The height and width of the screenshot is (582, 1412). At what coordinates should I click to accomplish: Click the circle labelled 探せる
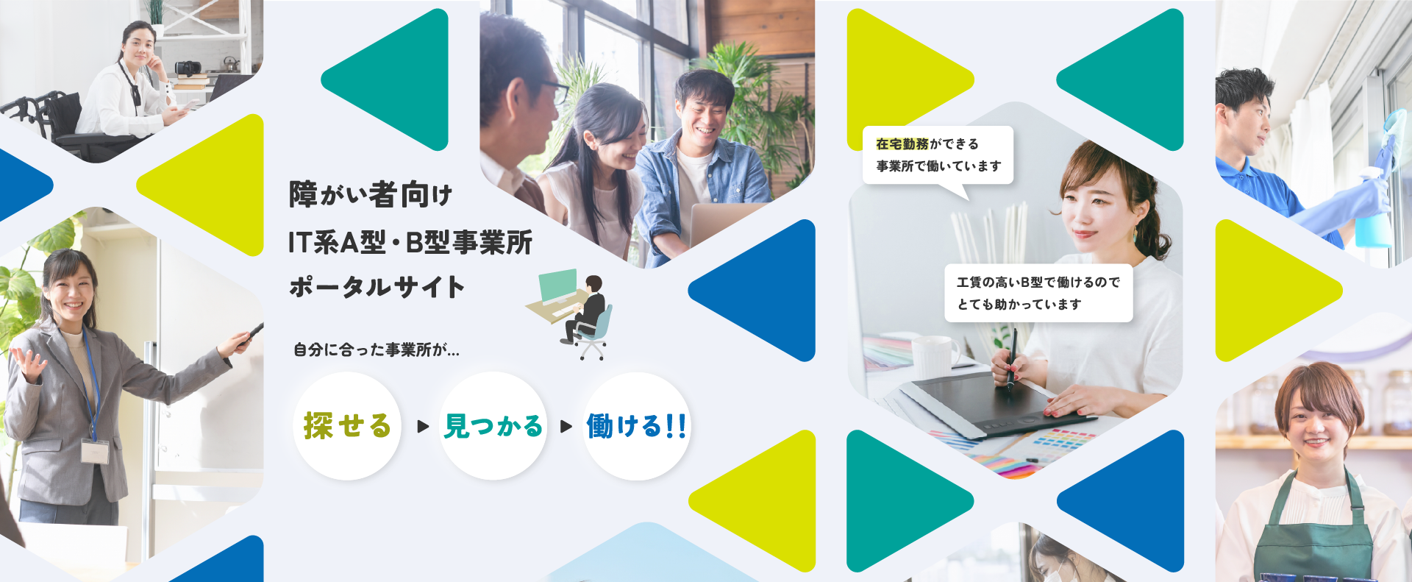(x=347, y=426)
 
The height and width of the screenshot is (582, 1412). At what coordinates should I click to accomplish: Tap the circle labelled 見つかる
(x=493, y=426)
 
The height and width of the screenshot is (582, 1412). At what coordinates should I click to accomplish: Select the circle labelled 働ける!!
(x=637, y=426)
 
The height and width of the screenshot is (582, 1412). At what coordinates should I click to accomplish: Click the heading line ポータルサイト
(x=377, y=287)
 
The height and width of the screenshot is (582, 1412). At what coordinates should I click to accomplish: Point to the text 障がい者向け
(x=371, y=194)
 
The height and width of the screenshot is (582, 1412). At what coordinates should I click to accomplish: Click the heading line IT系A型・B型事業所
(x=410, y=242)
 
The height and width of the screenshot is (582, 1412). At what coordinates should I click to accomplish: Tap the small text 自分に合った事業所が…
(x=377, y=349)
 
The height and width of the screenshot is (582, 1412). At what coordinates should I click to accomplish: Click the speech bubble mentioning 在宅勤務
(x=938, y=155)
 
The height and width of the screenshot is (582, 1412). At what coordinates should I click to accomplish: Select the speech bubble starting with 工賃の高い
(x=1038, y=293)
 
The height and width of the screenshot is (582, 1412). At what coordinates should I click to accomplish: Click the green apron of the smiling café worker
(x=1313, y=530)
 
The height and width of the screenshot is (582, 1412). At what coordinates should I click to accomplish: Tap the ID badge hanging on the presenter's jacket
(x=95, y=451)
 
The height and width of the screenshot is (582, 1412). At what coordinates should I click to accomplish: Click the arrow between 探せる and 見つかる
(x=423, y=426)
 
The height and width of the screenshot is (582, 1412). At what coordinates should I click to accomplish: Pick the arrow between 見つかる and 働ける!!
(x=566, y=426)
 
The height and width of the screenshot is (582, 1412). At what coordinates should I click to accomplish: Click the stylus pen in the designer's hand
(x=1013, y=357)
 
